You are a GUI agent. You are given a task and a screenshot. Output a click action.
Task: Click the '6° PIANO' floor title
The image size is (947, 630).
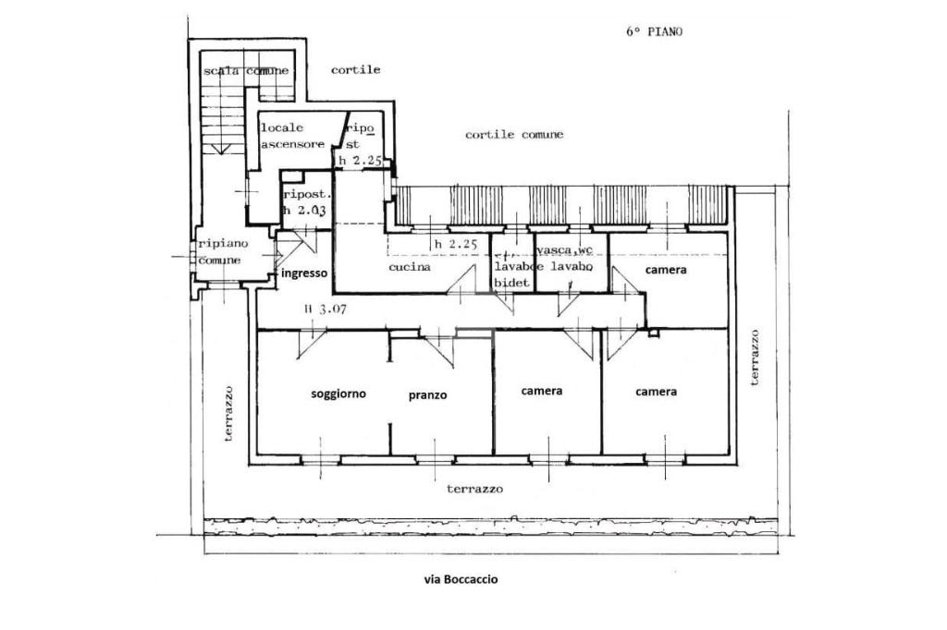[654, 31]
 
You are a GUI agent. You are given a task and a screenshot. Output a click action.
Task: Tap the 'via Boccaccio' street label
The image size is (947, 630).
[460, 579]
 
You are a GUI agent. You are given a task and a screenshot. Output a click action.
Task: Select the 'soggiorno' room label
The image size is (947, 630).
[338, 394]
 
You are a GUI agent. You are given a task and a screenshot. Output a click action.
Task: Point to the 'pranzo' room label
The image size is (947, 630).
[427, 395]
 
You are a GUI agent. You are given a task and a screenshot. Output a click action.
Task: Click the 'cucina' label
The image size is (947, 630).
[410, 267]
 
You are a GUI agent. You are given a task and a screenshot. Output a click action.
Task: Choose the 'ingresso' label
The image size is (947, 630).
[303, 273]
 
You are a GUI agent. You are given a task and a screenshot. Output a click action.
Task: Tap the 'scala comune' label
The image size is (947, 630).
[245, 71]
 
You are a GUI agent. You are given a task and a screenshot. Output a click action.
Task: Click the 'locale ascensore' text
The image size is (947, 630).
[292, 136]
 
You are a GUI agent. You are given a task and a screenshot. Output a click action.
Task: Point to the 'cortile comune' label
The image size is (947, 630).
[513, 135]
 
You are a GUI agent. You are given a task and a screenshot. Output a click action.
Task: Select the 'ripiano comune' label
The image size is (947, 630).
[219, 252]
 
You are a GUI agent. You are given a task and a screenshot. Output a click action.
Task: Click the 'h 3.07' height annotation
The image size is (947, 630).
[325, 309]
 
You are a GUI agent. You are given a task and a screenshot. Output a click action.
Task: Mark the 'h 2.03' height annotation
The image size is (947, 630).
[305, 211]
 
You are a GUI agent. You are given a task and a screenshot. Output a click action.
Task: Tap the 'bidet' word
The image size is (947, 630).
[512, 283]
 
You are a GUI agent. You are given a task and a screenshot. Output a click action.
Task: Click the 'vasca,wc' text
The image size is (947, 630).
[564, 250]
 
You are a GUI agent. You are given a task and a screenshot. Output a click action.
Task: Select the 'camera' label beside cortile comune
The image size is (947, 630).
[666, 270]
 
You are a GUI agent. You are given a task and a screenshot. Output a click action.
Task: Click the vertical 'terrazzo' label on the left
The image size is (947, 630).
[228, 413]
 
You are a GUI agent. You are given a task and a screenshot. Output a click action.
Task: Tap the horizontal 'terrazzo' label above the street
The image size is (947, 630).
[474, 489]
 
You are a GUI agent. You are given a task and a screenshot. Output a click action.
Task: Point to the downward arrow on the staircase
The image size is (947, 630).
[219, 148]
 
